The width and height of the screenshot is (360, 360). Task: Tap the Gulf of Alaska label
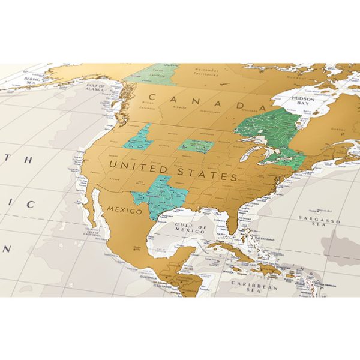96,88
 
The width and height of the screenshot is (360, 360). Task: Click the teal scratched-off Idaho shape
139,138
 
